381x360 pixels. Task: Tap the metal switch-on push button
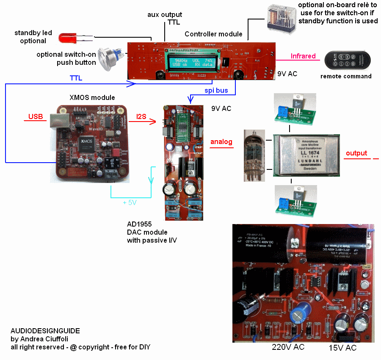pos(108,58)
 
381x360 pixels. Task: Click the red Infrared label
pos(303,56)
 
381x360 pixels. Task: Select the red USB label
pos(36,116)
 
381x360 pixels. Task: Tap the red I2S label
pos(142,116)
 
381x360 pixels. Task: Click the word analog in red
pos(221,142)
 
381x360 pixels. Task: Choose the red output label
pos(356,153)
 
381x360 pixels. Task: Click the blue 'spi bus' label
pos(216,91)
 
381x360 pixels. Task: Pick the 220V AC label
pos(288,348)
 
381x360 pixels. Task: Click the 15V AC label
pos(342,348)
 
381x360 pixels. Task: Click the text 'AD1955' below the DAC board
pos(139,224)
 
